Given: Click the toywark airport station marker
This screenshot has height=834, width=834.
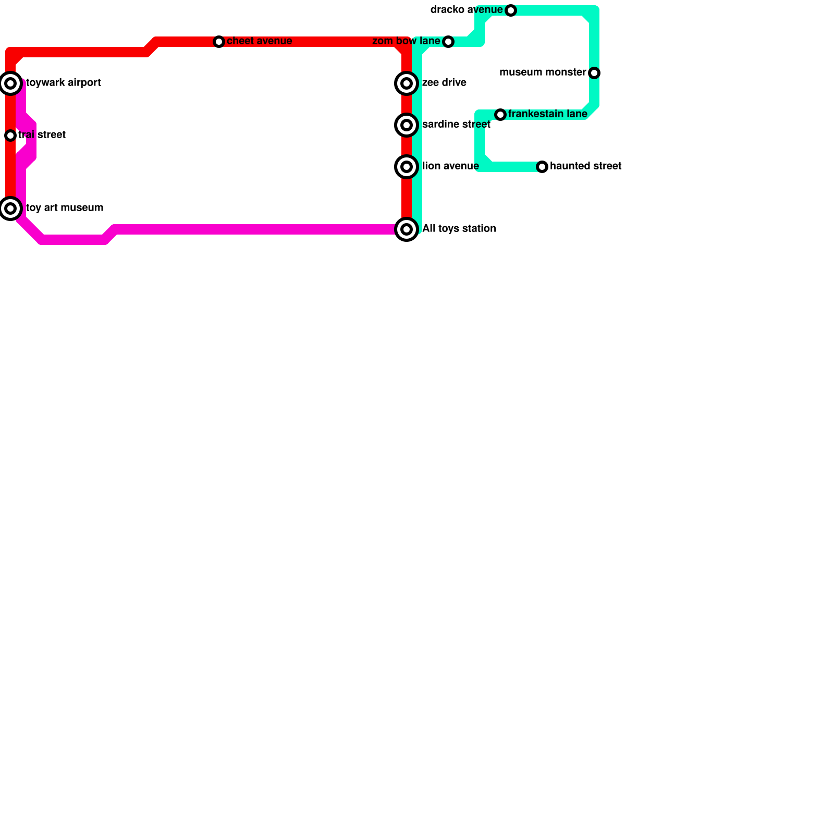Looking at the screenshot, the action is pos(10,83).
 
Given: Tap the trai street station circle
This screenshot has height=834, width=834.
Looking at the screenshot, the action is pos(10,136).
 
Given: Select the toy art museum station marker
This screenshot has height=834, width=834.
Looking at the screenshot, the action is pos(10,208).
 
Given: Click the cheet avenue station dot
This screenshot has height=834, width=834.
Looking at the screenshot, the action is pos(219,42).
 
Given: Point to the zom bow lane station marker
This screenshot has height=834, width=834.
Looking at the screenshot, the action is pos(448,42).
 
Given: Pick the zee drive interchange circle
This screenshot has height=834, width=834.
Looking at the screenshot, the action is pos(407,83).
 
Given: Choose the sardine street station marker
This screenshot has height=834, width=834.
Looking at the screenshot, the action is pos(407,125).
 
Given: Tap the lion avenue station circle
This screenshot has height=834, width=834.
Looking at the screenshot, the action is pos(407,167).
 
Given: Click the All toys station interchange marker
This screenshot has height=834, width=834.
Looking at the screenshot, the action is pos(407,229).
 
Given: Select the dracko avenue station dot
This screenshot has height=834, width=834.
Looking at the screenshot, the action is pos(511,10).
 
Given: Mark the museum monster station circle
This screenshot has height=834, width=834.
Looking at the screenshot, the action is pos(594,73).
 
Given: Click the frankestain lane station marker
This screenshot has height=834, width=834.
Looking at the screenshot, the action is pos(500,115).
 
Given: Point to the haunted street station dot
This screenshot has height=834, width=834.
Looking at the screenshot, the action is pos(542,167).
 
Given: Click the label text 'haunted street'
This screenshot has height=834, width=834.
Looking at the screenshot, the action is pos(585,166).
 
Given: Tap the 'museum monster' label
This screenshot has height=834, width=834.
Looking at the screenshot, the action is pos(543,72).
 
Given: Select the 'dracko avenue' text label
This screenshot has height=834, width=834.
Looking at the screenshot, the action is pos(467,10).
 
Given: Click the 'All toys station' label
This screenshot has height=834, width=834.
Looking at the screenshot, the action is pos(459,229).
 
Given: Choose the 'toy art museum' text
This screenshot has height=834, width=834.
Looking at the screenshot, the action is pos(65,208).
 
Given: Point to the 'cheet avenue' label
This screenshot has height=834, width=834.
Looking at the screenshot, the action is pos(259,41).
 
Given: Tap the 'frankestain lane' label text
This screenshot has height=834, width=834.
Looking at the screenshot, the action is pos(547,114).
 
